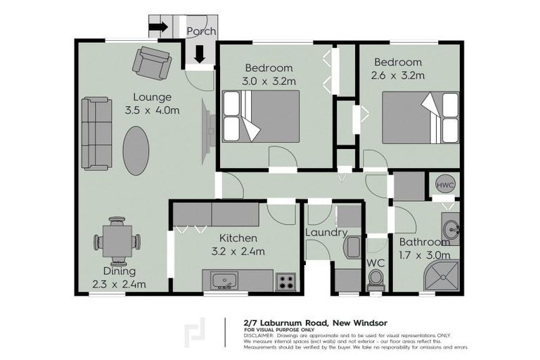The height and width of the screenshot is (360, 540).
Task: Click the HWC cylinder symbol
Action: (x=445, y=184)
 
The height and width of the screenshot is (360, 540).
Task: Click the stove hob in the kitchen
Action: (x=285, y=281)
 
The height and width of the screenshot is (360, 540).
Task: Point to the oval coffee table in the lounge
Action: (x=136, y=146)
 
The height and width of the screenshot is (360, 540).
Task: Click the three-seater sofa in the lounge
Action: (x=96, y=134)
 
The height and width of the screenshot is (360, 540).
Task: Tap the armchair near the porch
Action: (x=152, y=62)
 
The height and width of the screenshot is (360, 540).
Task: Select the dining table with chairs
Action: (x=117, y=240)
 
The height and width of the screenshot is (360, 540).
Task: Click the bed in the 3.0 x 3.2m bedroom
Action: (x=261, y=117)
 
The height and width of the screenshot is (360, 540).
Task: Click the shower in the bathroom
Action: (x=444, y=277)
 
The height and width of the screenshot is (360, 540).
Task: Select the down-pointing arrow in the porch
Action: (x=200, y=53)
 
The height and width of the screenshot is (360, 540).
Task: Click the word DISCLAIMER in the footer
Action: (x=259, y=335)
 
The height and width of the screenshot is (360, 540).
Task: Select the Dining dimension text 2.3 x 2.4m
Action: (x=118, y=285)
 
